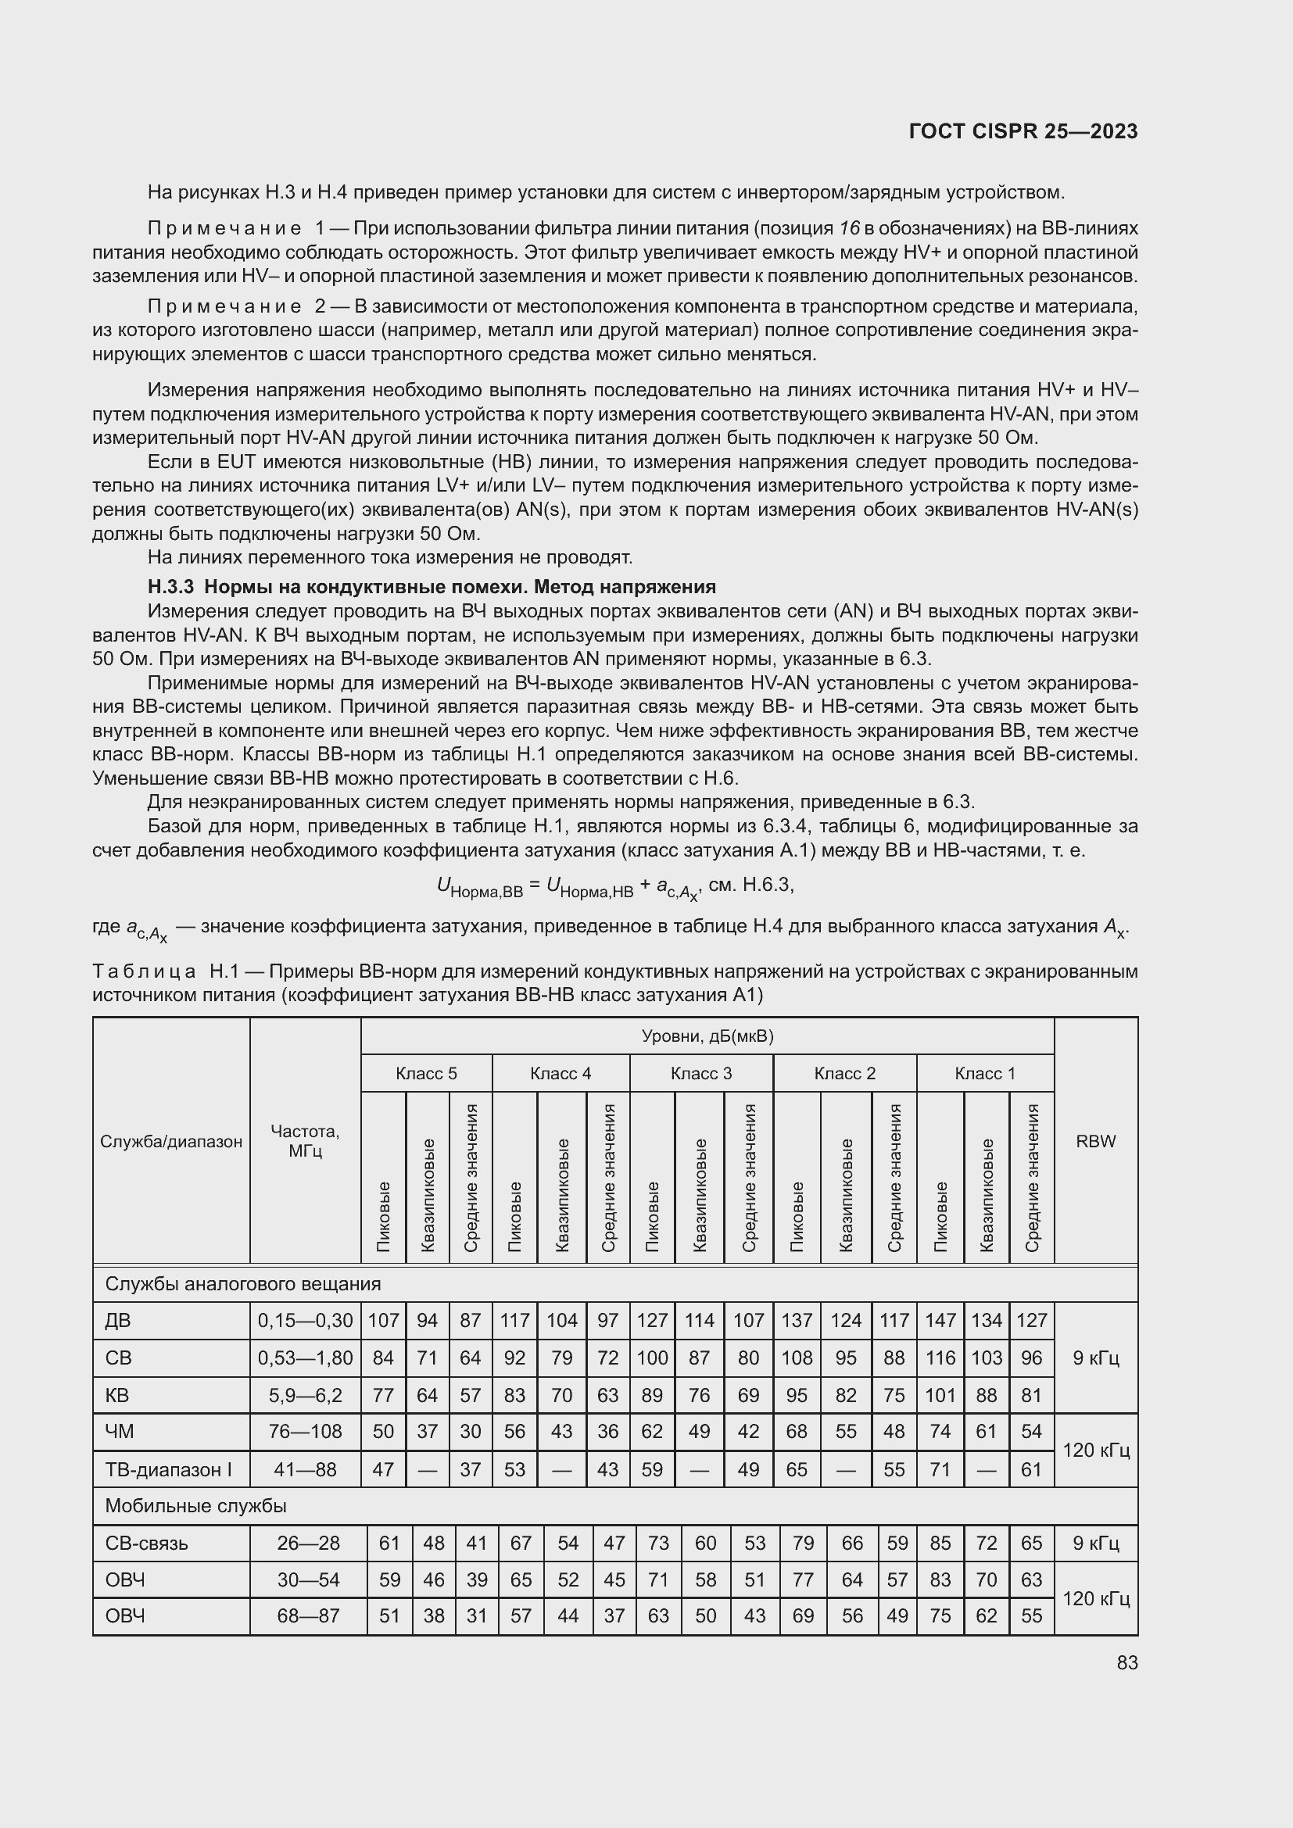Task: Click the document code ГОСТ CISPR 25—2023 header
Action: [1023, 132]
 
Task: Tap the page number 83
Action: [1126, 1662]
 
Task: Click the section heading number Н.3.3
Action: [170, 588]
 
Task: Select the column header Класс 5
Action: [426, 1073]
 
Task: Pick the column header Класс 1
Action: [985, 1073]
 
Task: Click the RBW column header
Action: [1095, 1141]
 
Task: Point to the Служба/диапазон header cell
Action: [171, 1141]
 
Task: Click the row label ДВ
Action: [118, 1321]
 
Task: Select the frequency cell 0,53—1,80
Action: [305, 1358]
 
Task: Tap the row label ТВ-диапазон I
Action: [168, 1470]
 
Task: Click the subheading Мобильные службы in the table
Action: [196, 1506]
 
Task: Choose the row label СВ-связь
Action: [146, 1543]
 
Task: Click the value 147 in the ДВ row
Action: [940, 1321]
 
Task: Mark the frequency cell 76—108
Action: [305, 1432]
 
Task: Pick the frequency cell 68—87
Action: [308, 1616]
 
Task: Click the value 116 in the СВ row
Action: [940, 1358]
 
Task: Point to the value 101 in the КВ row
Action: [940, 1395]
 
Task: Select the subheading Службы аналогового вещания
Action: [243, 1284]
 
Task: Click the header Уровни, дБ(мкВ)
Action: [707, 1036]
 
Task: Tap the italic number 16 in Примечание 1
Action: [850, 228]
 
